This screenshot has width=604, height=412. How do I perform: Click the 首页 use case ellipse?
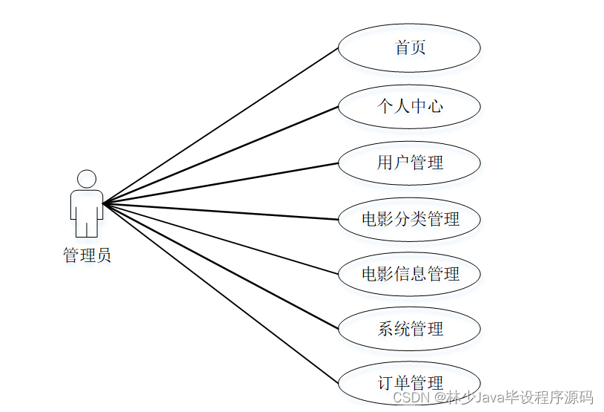pos(409,48)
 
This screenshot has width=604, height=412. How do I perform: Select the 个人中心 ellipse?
pos(409,106)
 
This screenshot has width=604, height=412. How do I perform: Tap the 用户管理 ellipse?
pos(409,163)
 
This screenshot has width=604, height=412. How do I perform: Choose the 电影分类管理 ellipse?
pos(409,219)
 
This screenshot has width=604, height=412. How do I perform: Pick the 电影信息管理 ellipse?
pos(409,274)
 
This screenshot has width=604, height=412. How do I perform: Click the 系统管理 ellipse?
pos(409,329)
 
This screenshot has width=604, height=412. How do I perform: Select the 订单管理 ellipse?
pos(409,382)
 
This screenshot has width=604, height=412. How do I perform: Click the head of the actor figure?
pos(87,179)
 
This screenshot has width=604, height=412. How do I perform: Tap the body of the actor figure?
pos(87,212)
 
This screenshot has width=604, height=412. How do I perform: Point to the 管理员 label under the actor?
pos(87,256)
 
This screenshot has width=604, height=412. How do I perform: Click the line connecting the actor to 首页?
pos(221,125)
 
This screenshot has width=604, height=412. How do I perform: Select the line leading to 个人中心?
pos(221,154)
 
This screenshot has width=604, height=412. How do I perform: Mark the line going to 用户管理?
pos(221,183)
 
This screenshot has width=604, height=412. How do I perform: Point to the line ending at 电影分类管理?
pos(221,211)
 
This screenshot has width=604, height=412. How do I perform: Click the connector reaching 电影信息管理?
pos(221,238)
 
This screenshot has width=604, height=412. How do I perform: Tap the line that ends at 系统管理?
pos(221,265)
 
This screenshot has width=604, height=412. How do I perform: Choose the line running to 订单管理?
pos(221,292)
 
